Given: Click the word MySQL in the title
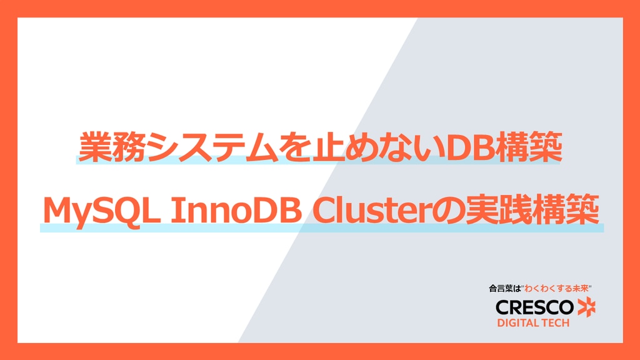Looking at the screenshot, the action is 101,211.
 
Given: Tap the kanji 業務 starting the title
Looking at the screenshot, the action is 112,147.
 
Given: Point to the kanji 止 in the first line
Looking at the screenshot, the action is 326,147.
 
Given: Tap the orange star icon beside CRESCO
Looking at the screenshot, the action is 587,307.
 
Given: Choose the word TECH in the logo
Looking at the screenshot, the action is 555,323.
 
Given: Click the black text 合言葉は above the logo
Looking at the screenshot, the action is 505,289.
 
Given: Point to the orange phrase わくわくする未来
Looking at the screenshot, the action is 557,289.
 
